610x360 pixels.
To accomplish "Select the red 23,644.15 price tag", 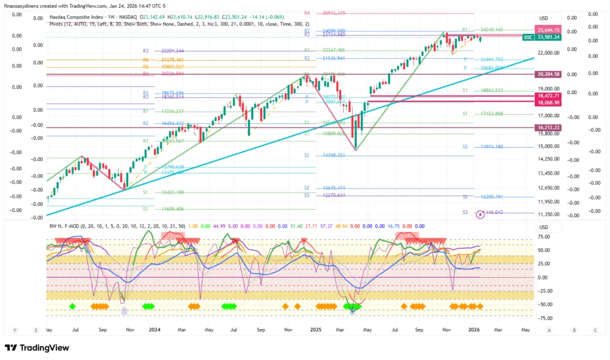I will (547, 30).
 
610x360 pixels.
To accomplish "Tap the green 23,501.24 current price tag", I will (547, 37).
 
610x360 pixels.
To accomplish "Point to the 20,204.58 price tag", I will (548, 74).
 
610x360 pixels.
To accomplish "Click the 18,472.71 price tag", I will (548, 95).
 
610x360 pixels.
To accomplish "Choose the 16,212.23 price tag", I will (548, 128).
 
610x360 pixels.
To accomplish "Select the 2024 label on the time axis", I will (155, 329).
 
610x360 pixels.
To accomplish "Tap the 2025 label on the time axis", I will (316, 329).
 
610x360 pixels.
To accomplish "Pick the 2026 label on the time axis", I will (474, 329).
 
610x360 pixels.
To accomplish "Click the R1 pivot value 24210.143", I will (491, 29).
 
